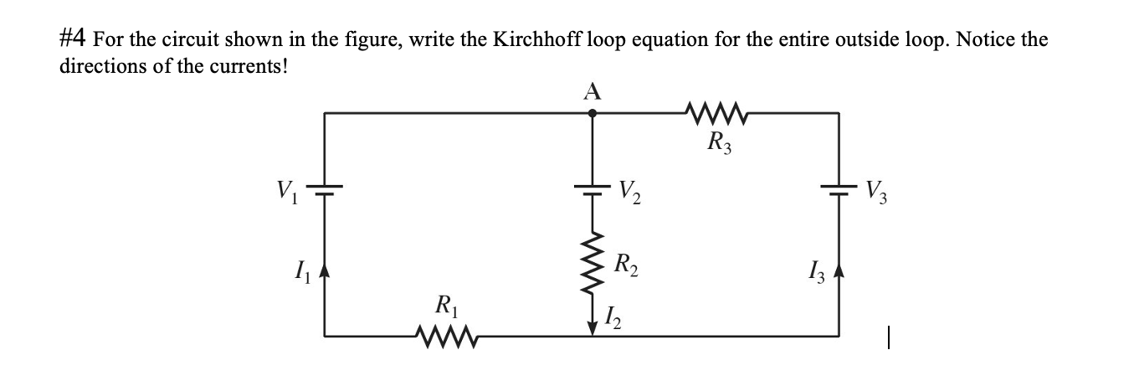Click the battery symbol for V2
tap(593, 189)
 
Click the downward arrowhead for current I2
tap(593, 327)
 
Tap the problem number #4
tap(74, 39)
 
